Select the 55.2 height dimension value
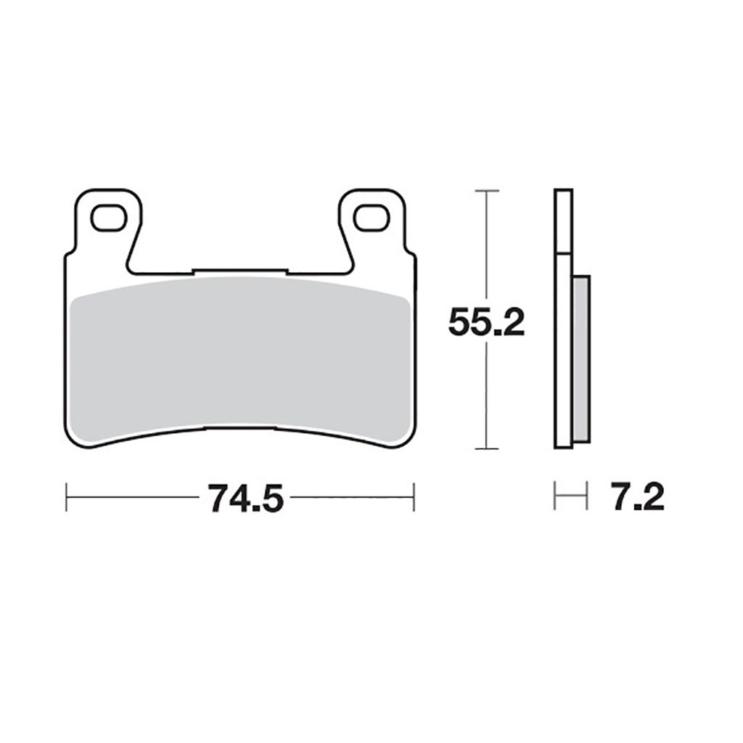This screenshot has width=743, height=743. pos(486,321)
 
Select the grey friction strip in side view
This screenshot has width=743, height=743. pos(581,359)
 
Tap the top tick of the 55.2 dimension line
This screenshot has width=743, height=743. pos(486,191)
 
